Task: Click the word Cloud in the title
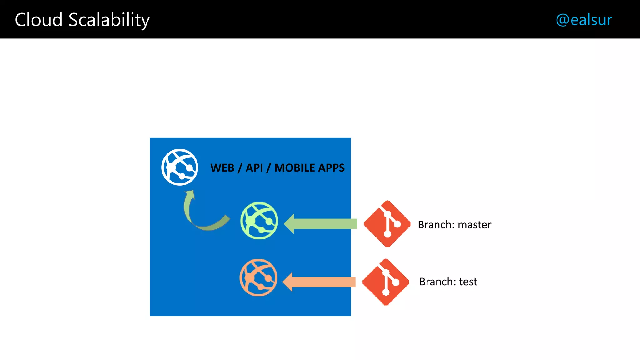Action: (38, 20)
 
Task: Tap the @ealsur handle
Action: (583, 20)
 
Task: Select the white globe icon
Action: (180, 167)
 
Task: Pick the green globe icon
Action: (259, 221)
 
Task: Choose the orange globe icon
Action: (258, 277)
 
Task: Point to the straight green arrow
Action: (322, 224)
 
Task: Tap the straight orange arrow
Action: (320, 282)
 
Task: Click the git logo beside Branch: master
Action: (387, 224)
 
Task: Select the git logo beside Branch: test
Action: (386, 282)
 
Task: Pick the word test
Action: (468, 282)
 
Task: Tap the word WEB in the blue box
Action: (222, 168)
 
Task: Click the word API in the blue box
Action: (254, 168)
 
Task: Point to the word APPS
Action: (331, 168)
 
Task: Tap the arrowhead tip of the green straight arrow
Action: (285, 224)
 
